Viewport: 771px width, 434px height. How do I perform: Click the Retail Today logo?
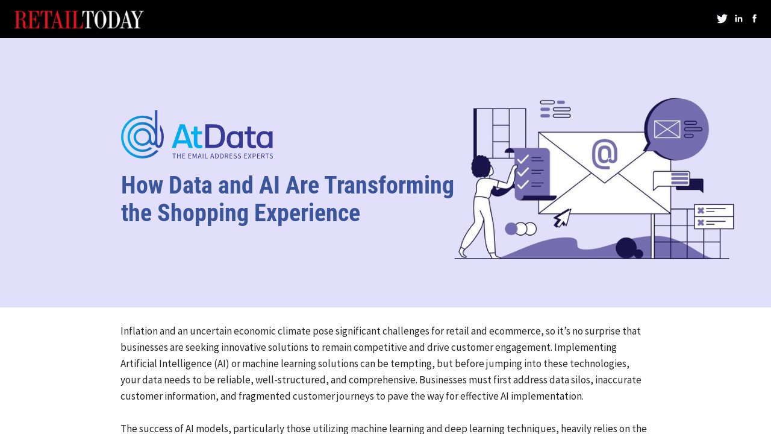pos(79,19)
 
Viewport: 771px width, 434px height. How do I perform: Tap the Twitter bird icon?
pos(722,19)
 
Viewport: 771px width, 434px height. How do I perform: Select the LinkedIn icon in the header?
pos(738,19)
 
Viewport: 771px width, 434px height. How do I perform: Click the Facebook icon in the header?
pos(754,19)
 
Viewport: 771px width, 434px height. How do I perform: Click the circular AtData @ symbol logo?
pos(142,134)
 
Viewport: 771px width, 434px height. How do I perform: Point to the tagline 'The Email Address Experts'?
pos(222,156)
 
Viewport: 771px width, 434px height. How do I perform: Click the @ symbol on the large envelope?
pos(605,154)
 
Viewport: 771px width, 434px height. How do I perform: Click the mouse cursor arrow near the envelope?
pos(562,218)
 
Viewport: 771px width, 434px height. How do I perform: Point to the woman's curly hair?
pos(481,166)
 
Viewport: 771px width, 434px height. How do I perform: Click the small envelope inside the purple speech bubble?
pos(667,129)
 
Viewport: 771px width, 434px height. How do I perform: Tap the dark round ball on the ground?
pos(626,247)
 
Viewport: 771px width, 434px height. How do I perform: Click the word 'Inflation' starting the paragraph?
pos(139,331)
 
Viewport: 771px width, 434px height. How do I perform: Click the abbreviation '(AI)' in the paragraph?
pos(220,363)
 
